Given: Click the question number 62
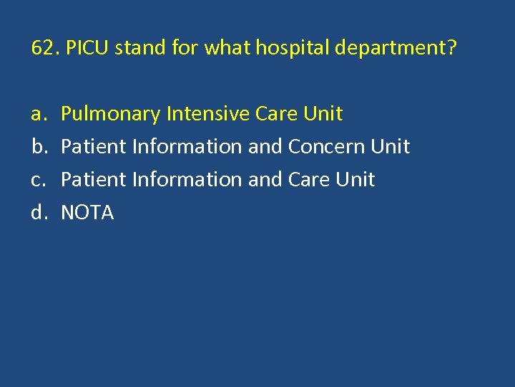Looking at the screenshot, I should point(44,49).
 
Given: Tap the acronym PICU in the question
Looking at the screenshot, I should point(88,49).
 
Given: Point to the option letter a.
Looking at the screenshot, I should point(37,114).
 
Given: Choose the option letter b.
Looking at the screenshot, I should point(37,146).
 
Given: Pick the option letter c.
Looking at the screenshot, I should point(37,179).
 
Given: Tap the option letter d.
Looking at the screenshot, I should point(37,212).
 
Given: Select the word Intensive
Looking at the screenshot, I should point(206,113).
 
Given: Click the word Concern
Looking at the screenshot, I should point(326,146).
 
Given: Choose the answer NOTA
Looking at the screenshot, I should point(87,212).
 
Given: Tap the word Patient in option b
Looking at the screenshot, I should point(91,146).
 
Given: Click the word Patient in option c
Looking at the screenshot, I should point(91,179).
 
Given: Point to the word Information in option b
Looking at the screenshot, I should point(184,146).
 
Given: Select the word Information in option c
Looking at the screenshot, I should point(184,179).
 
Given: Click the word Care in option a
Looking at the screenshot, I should point(275,113).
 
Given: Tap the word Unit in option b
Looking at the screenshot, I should point(390,146).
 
